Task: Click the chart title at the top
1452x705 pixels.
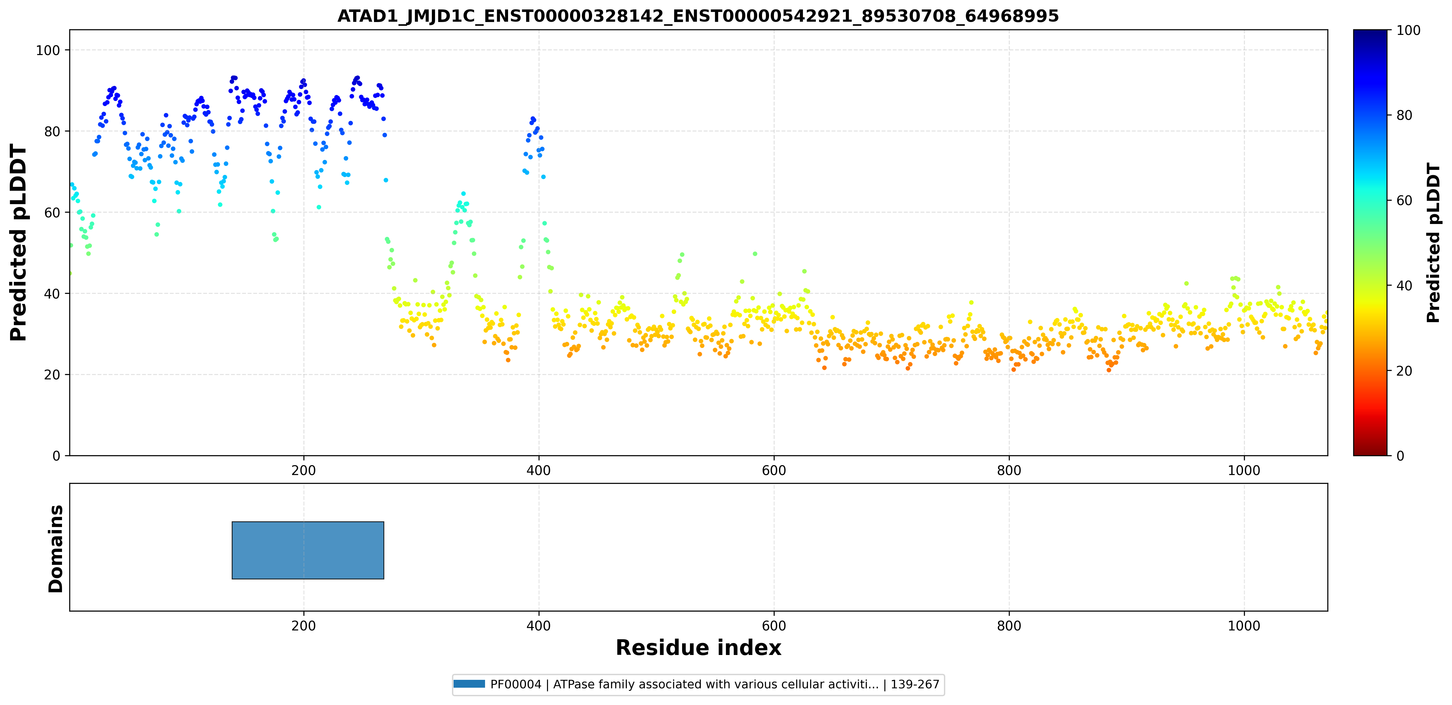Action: (x=698, y=16)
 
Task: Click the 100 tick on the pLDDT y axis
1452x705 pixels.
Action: (x=48, y=50)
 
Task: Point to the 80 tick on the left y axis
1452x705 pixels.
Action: (x=52, y=131)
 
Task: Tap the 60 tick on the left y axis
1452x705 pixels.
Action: (x=52, y=212)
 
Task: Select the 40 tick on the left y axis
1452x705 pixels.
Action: (x=52, y=294)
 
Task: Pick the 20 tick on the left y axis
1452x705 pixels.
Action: (x=52, y=375)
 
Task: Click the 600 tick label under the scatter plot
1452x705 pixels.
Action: (x=774, y=471)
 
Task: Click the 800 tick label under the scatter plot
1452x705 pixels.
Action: (x=1009, y=471)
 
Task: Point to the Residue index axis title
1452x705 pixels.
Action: (x=698, y=648)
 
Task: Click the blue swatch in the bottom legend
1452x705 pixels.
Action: (x=469, y=684)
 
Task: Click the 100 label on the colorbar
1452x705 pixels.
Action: (x=1408, y=31)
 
